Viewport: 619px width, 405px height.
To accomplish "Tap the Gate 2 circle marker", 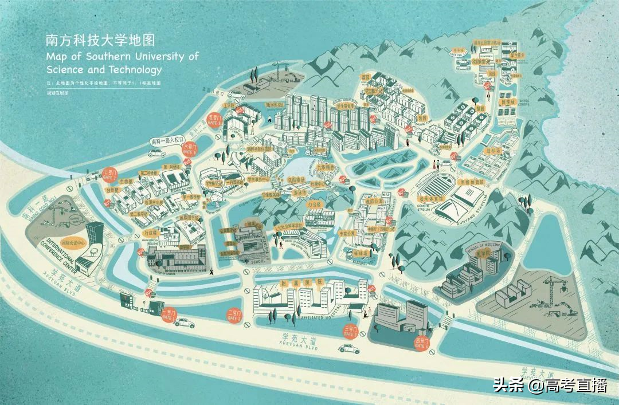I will coord(234,314).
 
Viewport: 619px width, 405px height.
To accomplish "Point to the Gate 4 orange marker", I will coord(422,344).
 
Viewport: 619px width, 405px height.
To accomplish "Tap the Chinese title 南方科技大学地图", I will coord(101,41).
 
